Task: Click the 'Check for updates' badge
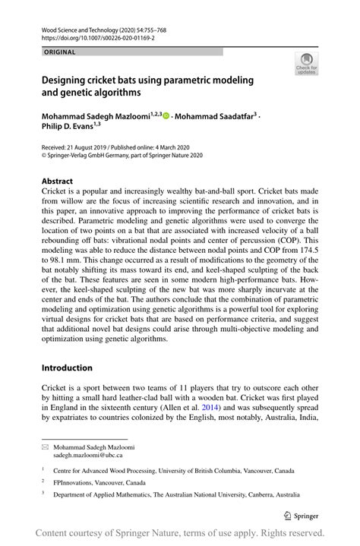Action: click(x=305, y=64)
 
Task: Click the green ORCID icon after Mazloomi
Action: click(x=165, y=116)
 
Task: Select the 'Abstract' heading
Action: click(x=57, y=181)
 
